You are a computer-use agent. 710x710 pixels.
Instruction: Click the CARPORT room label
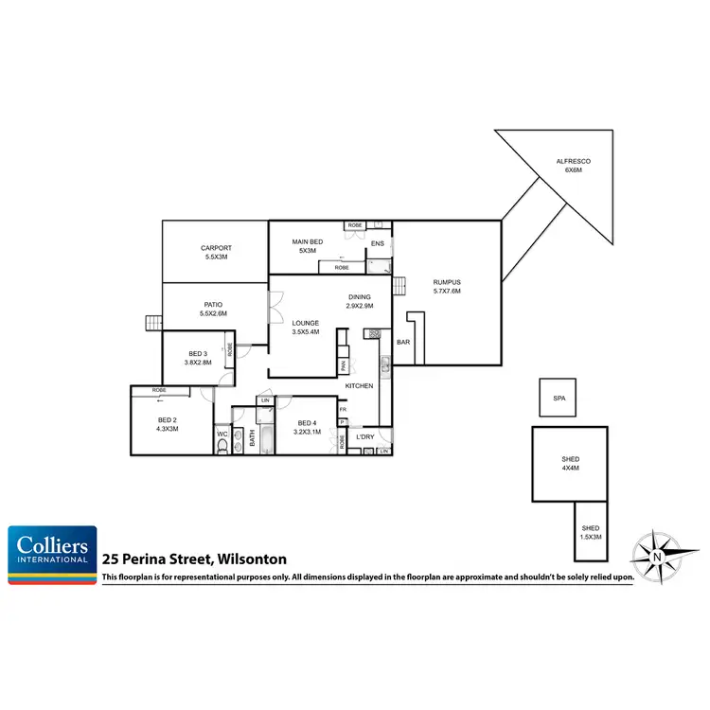coord(216,249)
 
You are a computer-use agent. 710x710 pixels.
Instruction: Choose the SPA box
coord(559,399)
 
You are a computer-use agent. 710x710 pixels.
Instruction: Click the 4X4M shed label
coord(570,469)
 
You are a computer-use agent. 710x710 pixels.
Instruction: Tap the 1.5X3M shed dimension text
coord(590,537)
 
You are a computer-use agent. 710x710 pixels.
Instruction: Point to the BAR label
coord(403,342)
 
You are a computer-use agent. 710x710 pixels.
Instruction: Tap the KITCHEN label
coord(359,386)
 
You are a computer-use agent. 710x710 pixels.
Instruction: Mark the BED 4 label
coord(307,423)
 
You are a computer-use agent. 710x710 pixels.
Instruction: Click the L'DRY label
coord(365,436)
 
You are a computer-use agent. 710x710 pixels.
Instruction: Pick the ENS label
coord(377,244)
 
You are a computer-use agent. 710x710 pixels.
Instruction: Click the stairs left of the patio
coord(152,323)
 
